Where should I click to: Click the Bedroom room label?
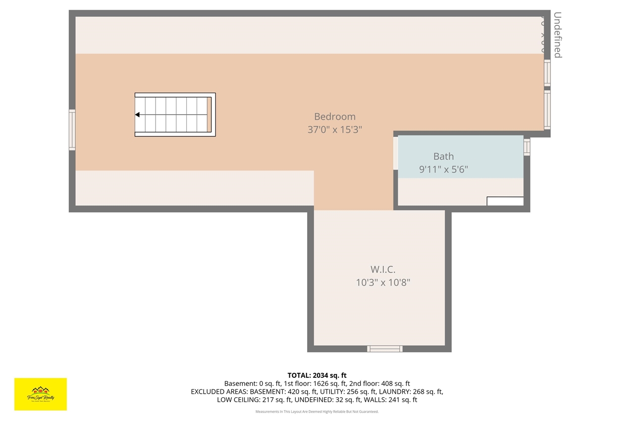(335, 117)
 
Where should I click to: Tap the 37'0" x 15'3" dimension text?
(335, 130)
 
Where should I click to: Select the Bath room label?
(443, 156)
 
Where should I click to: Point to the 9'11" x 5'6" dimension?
(443, 170)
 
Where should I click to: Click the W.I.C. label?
(383, 269)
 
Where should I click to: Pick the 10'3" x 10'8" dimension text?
(383, 283)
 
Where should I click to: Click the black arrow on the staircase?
(137, 115)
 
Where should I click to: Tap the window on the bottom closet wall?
(384, 349)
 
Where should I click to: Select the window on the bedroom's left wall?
(72, 129)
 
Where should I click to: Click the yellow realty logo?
(41, 394)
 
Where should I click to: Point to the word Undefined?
(558, 35)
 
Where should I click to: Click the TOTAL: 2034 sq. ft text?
(317, 375)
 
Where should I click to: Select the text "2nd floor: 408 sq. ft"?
(379, 383)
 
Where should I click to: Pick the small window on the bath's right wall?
(527, 147)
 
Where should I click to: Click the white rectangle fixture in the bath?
(505, 201)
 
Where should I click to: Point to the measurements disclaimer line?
(317, 412)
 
